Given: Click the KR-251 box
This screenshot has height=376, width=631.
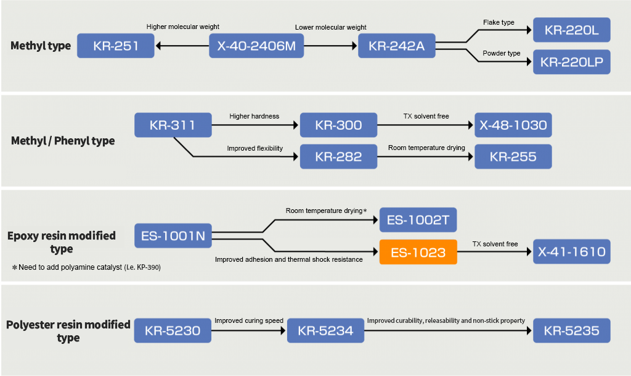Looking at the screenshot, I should [115, 46].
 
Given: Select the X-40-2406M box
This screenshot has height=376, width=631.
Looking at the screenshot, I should [256, 46].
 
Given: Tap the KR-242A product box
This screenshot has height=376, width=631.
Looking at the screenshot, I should [396, 46].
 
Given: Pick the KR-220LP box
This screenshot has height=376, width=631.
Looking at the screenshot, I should [571, 62].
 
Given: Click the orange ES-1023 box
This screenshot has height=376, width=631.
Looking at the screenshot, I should [418, 252].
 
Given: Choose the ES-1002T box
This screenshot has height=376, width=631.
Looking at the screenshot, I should [418, 220].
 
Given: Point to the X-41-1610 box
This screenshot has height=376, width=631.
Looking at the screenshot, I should [571, 252].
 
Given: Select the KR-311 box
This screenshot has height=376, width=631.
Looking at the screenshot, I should [172, 125].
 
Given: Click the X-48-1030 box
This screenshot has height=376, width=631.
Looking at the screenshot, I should [513, 125].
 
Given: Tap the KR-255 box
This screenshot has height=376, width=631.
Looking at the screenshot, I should [513, 157].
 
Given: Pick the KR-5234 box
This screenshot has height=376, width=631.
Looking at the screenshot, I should [325, 331].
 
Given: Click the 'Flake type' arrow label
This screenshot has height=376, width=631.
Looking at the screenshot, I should [499, 23].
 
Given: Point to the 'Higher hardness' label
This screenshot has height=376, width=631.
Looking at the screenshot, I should [254, 116].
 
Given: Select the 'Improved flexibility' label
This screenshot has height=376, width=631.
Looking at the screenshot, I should [254, 148].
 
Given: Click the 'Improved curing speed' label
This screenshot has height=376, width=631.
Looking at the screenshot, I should [249, 321].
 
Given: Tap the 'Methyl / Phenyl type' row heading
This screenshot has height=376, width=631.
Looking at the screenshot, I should [63, 141].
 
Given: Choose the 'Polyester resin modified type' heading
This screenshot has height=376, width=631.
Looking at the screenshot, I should [68, 331].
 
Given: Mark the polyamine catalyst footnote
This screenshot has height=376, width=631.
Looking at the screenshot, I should [86, 267].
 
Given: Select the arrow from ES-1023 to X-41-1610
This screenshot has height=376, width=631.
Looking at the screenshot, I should [495, 252].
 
